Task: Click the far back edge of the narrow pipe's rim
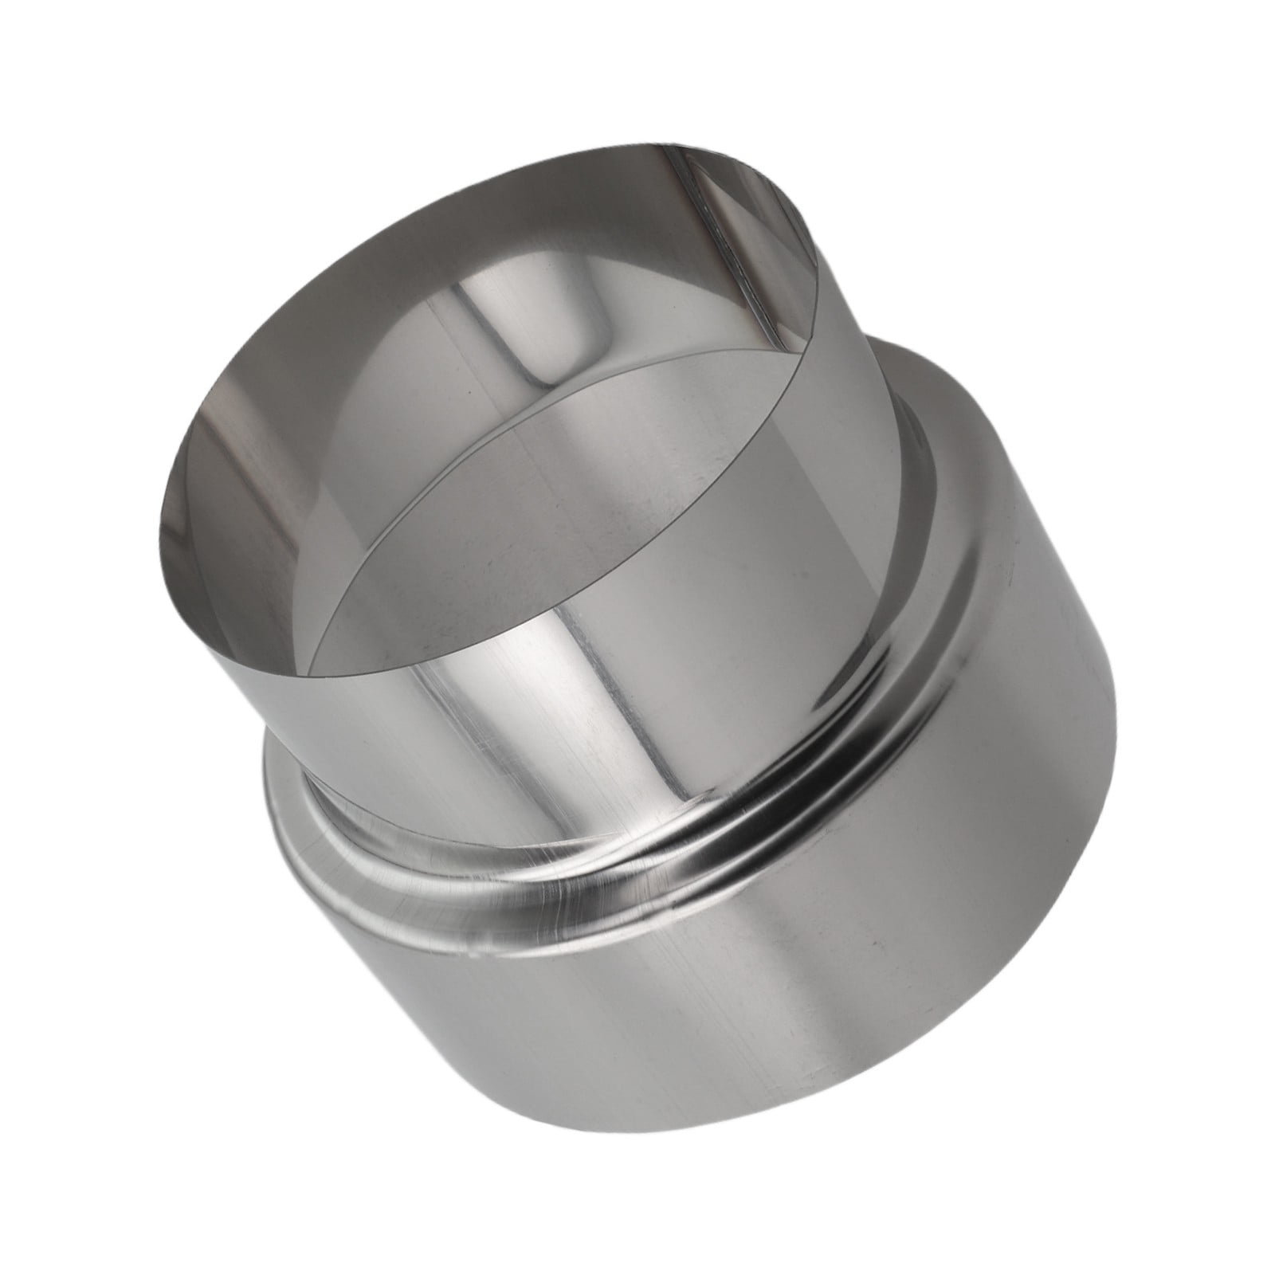[x=558, y=159]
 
